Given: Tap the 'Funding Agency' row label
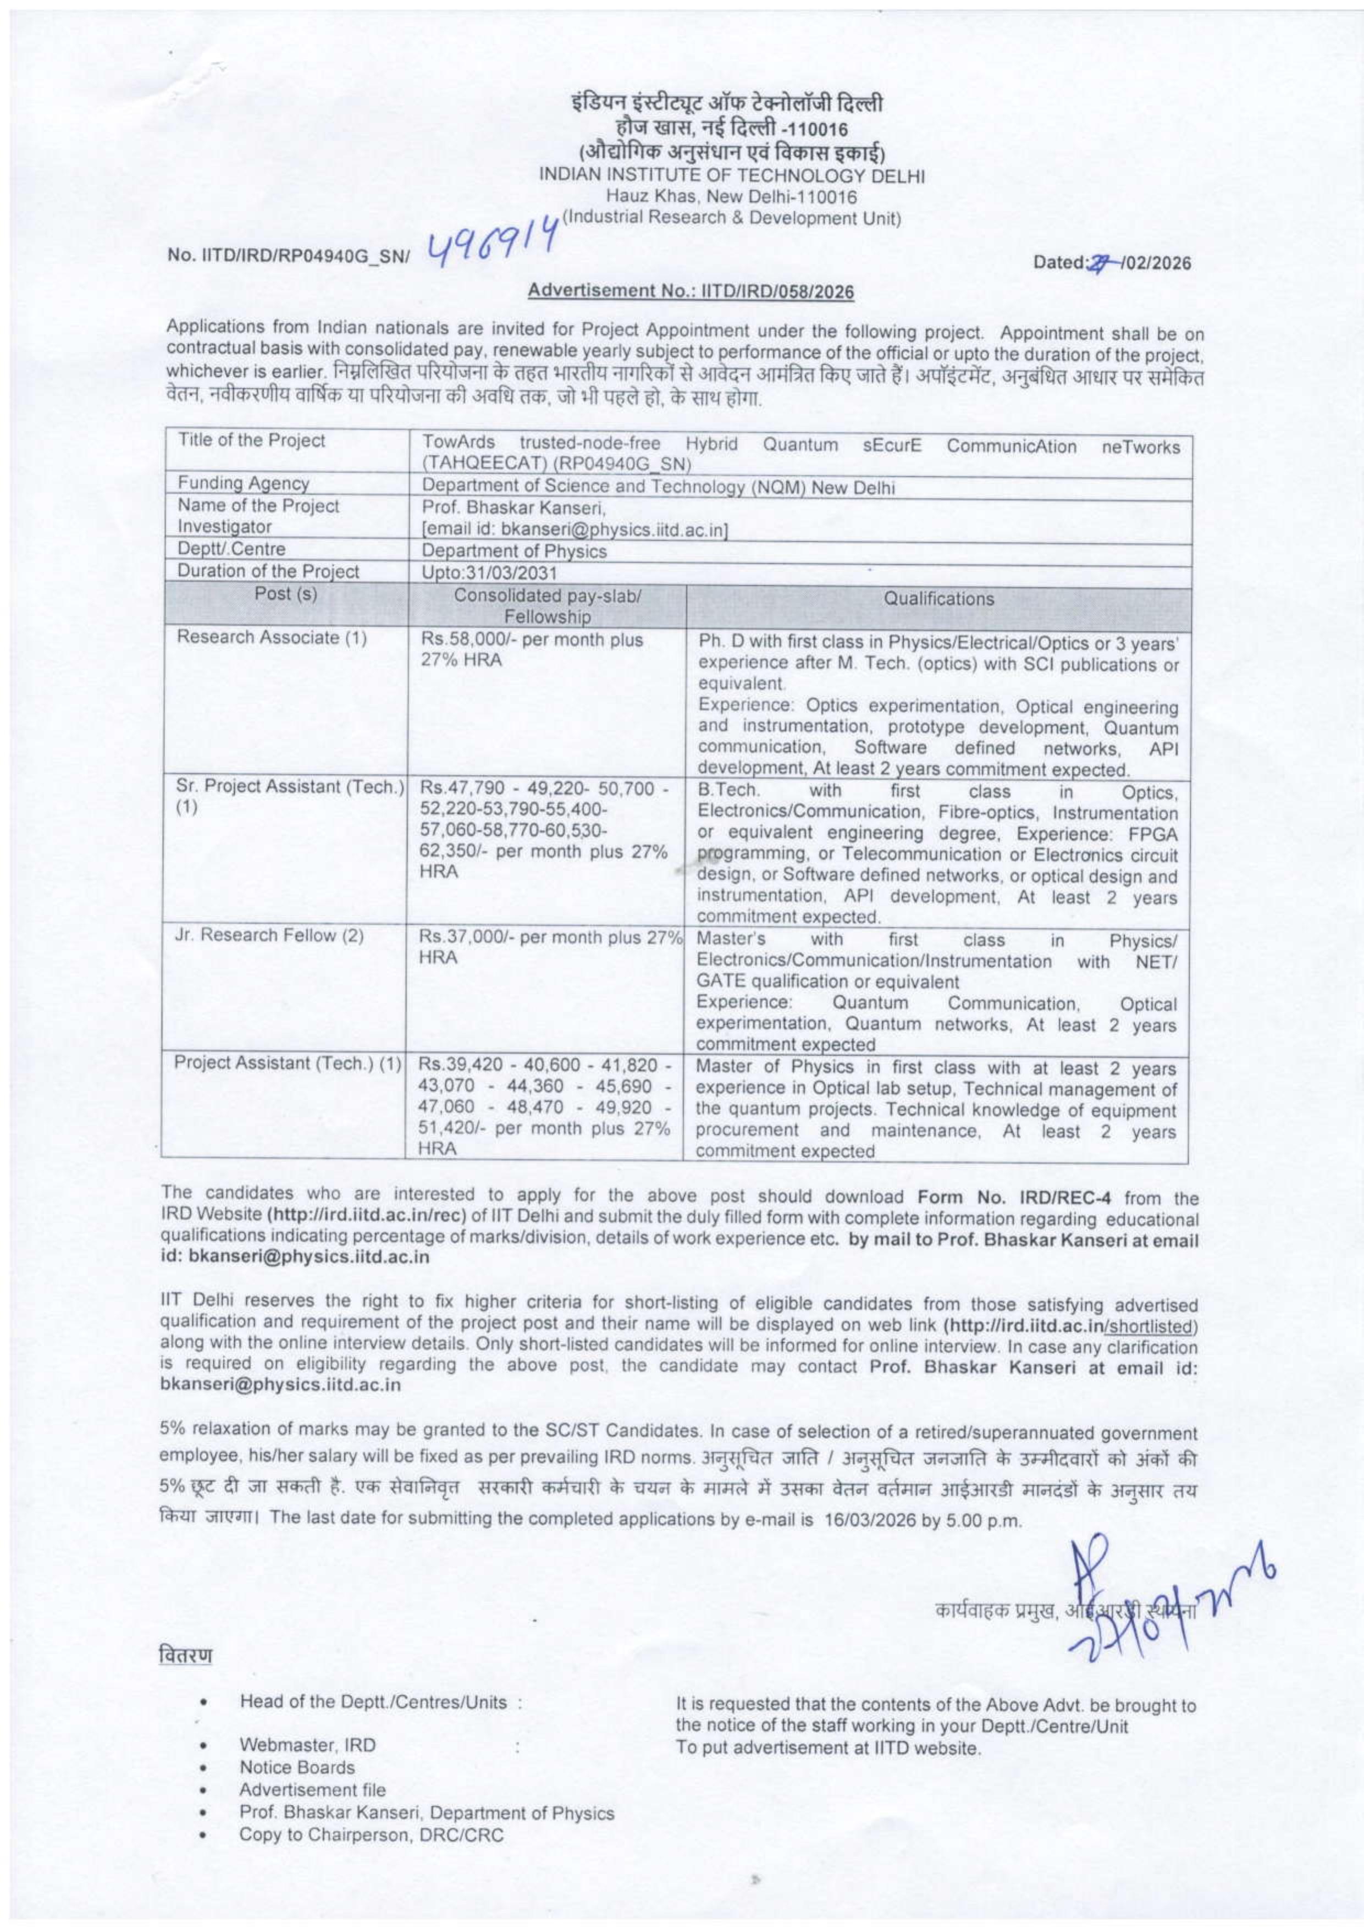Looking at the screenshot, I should [243, 484].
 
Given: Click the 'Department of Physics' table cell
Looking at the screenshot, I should [514, 551].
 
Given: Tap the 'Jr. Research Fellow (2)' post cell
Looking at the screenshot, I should [269, 936].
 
